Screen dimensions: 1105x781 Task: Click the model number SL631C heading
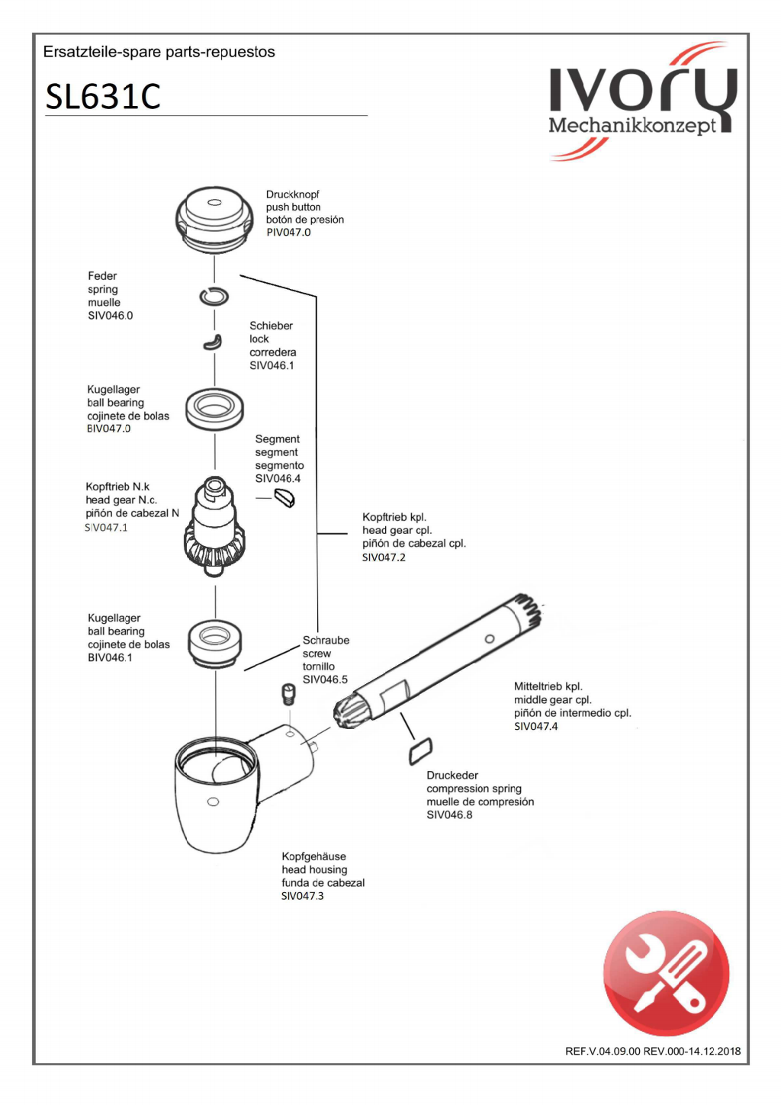pos(103,97)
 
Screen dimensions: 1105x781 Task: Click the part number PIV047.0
pos(288,233)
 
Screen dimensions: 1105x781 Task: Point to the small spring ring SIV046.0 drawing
pos(214,296)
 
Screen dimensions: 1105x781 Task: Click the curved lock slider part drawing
pos(213,342)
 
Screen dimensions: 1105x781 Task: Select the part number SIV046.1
pos(272,365)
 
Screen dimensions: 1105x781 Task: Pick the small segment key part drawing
pos(284,498)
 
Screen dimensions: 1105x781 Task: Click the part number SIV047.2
pos(384,557)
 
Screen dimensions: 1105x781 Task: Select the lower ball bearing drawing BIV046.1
pos(214,642)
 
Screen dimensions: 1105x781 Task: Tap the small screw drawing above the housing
pos(288,694)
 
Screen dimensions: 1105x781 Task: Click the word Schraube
pos(326,641)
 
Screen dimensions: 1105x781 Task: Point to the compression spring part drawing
pos(420,750)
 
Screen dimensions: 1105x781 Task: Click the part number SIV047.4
pos(535,726)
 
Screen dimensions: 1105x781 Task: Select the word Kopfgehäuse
pos(313,856)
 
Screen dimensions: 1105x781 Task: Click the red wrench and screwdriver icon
pos(666,973)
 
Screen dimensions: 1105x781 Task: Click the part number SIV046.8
pos(449,814)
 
